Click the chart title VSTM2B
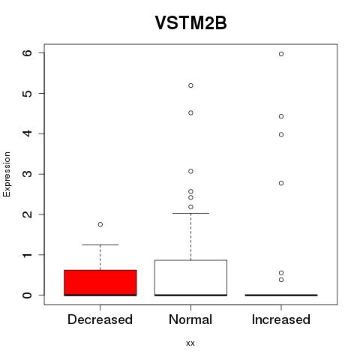tap(190, 22)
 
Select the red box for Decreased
tap(100, 283)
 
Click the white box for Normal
tap(190, 277)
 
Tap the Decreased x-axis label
tap(100, 319)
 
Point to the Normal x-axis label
tap(190, 319)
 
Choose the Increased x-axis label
tap(281, 319)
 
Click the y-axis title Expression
tap(7, 174)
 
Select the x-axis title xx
tap(190, 343)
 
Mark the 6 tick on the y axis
tap(28, 52)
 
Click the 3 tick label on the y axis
tap(28, 174)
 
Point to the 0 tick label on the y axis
tap(28, 295)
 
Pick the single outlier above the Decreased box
tap(100, 224)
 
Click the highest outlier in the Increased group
tap(281, 54)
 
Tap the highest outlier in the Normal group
tap(190, 85)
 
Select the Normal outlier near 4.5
tap(190, 112)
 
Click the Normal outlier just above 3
tap(190, 171)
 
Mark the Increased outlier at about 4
tap(281, 135)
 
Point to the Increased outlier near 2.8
tap(281, 183)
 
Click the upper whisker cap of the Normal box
tap(190, 213)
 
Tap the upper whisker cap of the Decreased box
tap(100, 244)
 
